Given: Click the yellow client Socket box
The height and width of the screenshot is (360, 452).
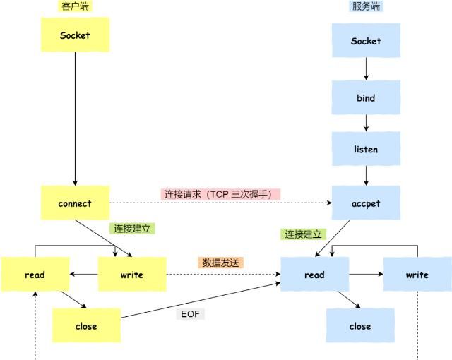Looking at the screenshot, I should [75, 35].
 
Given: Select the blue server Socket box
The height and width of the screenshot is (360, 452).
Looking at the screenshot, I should [366, 41].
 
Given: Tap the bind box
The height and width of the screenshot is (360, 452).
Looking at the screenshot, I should [366, 97].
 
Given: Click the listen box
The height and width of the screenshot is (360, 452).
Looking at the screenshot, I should [366, 150].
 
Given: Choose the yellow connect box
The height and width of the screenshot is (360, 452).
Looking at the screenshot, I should [75, 203].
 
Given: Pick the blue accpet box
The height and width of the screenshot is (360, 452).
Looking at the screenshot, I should [366, 203].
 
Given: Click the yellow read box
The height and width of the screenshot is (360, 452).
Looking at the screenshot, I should [34, 275].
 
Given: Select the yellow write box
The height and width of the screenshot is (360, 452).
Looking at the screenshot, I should [132, 275].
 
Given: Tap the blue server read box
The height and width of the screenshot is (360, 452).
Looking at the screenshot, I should [314, 275].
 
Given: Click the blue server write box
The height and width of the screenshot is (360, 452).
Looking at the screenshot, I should [417, 275].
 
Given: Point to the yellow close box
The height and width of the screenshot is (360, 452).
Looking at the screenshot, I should [85, 326].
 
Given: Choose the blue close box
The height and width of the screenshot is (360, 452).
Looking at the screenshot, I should [359, 326].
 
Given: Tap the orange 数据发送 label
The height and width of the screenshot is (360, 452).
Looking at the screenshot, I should [222, 262].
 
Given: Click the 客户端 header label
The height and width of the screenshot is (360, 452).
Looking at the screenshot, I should [76, 6].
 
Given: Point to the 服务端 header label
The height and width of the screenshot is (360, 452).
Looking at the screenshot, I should [366, 6].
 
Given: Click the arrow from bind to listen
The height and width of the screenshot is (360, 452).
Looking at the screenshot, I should [366, 124].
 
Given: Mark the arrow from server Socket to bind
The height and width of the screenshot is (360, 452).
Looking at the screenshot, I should [366, 69].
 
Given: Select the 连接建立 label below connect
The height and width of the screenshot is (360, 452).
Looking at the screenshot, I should [132, 229].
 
